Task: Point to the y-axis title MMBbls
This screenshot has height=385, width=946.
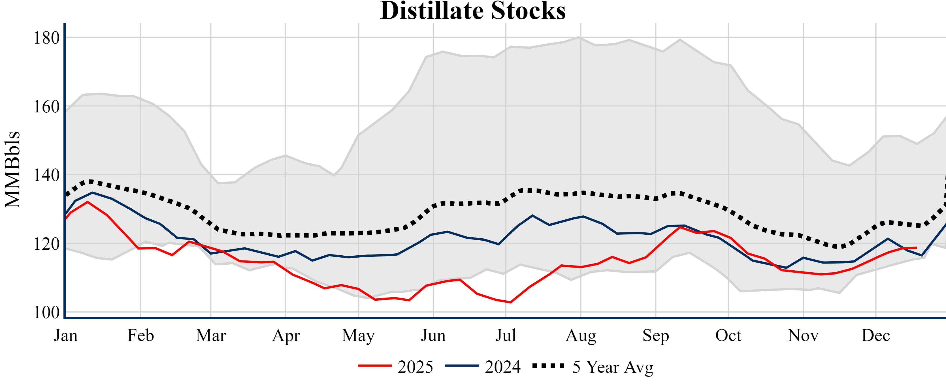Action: point(12,170)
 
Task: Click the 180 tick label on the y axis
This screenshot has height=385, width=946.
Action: point(47,38)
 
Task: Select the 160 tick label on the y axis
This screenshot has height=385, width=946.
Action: point(47,106)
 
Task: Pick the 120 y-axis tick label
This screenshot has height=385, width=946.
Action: point(47,244)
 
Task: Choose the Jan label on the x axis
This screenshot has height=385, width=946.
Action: point(66,335)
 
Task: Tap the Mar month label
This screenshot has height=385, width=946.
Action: point(211,335)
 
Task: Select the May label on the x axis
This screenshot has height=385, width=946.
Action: point(358,335)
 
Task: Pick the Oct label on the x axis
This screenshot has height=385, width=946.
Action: point(728,335)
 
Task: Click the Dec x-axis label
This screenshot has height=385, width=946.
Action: point(876,335)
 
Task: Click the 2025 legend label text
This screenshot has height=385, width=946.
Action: point(415,367)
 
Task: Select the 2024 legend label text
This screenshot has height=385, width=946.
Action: point(503,367)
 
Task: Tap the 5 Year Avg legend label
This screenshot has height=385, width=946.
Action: point(613,367)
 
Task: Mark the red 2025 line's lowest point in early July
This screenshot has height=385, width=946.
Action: point(510,302)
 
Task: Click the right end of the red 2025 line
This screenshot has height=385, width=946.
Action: point(917,248)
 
